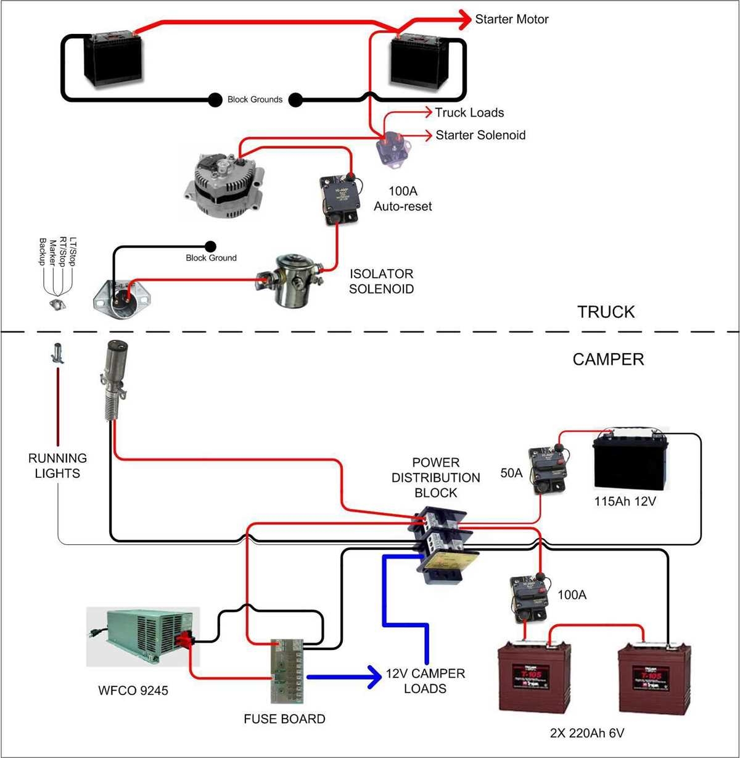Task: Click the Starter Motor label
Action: click(x=511, y=19)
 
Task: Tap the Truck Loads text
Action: click(x=469, y=112)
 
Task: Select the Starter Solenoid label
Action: click(x=480, y=135)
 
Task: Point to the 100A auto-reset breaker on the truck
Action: click(x=339, y=199)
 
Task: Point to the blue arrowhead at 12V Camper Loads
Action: click(x=374, y=677)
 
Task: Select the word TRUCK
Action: click(x=606, y=312)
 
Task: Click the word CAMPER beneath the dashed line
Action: click(x=607, y=359)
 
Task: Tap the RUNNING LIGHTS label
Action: click(x=57, y=465)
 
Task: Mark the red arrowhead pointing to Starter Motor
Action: click(x=464, y=19)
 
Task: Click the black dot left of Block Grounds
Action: click(x=215, y=99)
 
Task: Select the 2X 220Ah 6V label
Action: click(x=586, y=733)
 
